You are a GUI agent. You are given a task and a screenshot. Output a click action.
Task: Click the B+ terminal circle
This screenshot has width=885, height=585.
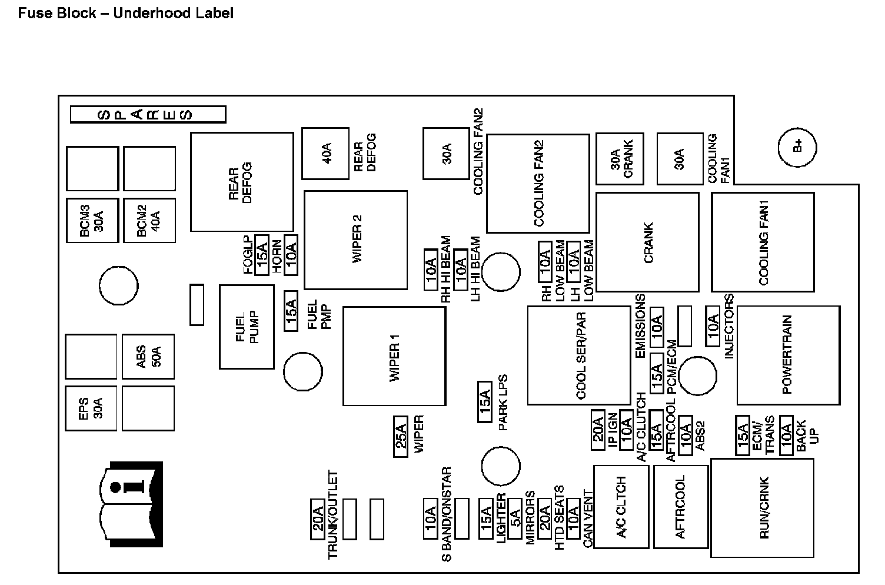[797, 147]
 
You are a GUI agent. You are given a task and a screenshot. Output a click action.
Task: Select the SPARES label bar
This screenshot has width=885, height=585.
[148, 114]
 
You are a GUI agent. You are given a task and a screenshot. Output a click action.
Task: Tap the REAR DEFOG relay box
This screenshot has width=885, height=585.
[242, 182]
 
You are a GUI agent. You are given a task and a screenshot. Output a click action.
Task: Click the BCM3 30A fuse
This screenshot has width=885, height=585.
[92, 220]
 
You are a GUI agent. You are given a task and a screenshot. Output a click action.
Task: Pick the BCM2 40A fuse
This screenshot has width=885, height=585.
[149, 220]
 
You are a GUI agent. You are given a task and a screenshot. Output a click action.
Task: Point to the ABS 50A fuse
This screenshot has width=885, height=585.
[148, 357]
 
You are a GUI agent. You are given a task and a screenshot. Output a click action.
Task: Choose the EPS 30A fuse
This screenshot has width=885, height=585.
[91, 408]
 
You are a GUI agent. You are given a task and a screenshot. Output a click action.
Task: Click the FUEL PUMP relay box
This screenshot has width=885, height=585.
[247, 327]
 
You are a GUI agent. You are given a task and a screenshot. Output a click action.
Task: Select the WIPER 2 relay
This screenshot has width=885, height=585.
[355, 240]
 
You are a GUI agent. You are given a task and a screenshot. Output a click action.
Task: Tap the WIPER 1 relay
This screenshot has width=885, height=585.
[394, 356]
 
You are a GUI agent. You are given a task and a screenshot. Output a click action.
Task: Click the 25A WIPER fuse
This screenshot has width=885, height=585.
[401, 437]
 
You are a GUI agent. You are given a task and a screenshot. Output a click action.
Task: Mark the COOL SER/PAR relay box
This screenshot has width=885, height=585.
[579, 355]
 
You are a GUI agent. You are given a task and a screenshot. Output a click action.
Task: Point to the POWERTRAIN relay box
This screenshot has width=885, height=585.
[788, 355]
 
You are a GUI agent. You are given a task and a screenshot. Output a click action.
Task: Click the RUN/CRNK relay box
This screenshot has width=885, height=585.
[763, 507]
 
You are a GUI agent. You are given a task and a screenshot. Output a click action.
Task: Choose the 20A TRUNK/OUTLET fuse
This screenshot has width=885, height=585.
[318, 519]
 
